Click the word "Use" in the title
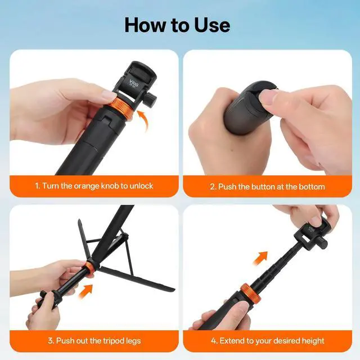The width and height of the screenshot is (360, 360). [x=212, y=25]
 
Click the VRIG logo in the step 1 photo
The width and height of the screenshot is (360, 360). [x=134, y=83]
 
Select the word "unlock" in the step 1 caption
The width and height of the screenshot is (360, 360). [x=141, y=186]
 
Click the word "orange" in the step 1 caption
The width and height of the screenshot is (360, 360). [x=87, y=186]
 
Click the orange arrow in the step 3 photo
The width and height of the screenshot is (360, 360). [x=87, y=291]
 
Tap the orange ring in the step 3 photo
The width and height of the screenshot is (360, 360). [x=90, y=268]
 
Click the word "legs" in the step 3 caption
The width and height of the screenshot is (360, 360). [x=133, y=341]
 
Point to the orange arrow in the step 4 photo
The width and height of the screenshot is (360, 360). [x=260, y=258]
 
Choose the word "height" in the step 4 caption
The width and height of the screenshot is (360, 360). [x=313, y=341]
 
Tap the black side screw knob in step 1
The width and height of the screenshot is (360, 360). [x=151, y=100]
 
